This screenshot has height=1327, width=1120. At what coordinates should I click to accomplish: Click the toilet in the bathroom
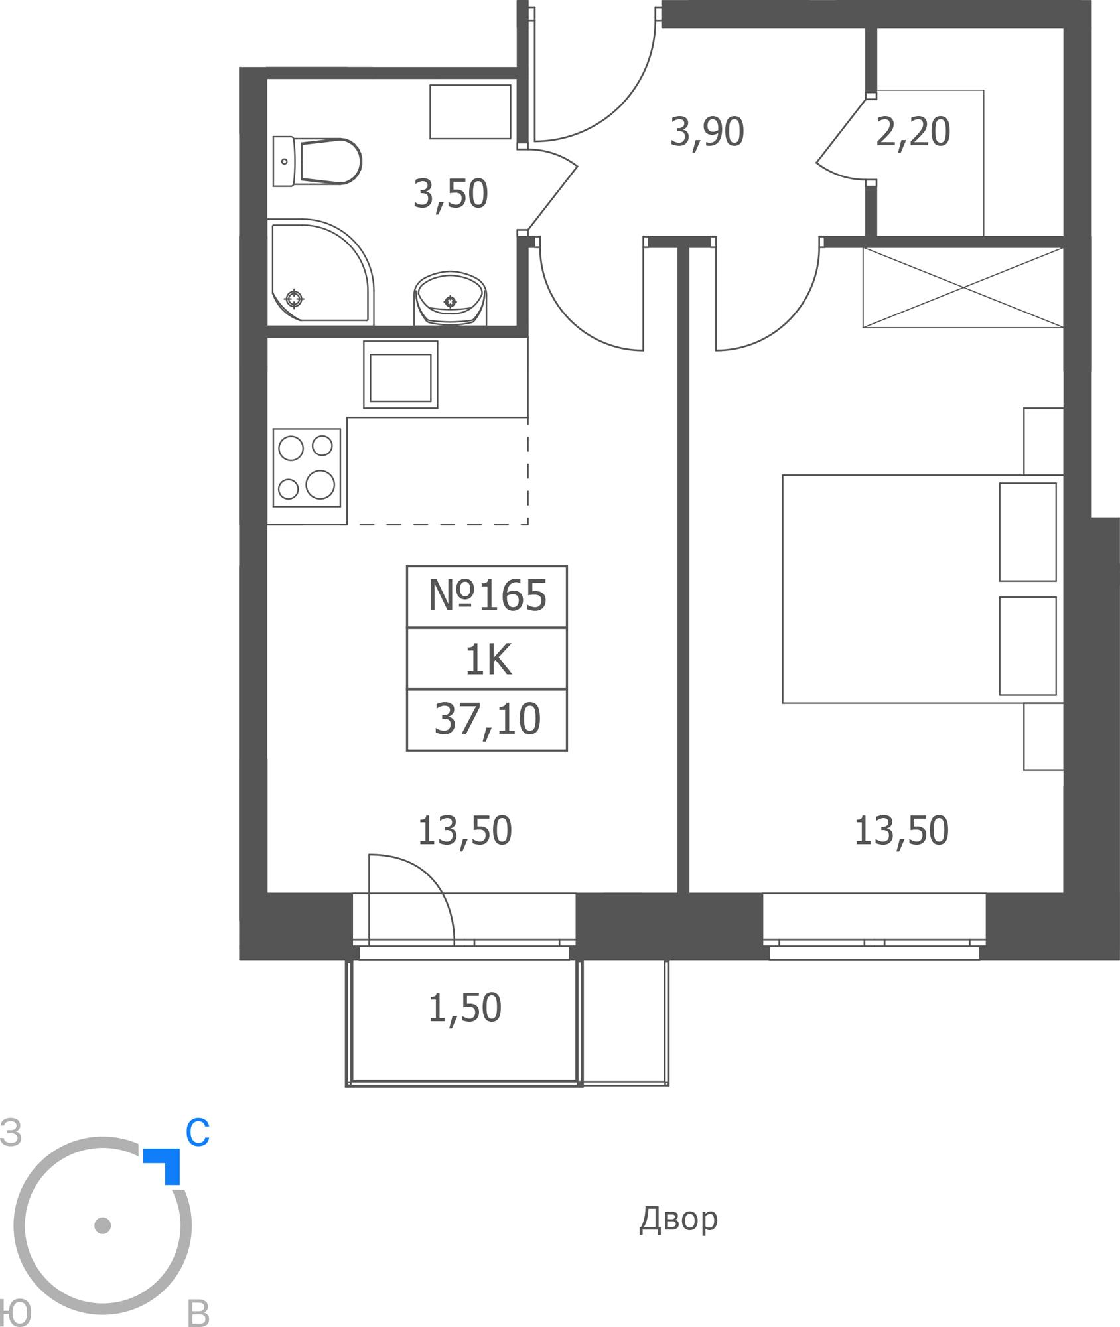pos(317,161)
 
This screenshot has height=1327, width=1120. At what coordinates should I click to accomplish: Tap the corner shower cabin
pos(321,272)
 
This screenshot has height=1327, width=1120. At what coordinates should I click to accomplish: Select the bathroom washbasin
pos(451,298)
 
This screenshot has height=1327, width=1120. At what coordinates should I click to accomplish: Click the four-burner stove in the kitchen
pos(307,468)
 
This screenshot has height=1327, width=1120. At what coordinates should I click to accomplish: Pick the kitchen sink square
pos(401,375)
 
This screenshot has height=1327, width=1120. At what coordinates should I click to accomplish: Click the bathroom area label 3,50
pos(451,194)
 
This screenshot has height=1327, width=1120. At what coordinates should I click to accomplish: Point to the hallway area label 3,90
pos(707,132)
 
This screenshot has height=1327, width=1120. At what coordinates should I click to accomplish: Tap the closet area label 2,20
pos(913,132)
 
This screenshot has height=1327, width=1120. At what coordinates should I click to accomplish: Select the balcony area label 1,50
pos(464,1008)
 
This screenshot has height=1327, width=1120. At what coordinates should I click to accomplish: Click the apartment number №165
pos(487,595)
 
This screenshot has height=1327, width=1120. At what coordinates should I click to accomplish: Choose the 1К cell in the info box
pos(488,659)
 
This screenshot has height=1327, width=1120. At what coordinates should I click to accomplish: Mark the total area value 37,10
pos(487,719)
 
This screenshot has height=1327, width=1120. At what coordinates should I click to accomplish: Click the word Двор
pos(678,1220)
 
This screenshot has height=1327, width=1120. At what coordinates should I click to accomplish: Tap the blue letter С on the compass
pos(198,1133)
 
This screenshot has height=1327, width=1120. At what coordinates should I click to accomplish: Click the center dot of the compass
pos(102,1225)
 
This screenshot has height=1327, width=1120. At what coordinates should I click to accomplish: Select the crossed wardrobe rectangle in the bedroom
pos(963,287)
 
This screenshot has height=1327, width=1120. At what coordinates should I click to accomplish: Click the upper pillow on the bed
pos(1028,531)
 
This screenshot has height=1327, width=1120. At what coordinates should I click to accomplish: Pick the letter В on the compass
pos(198,1312)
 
